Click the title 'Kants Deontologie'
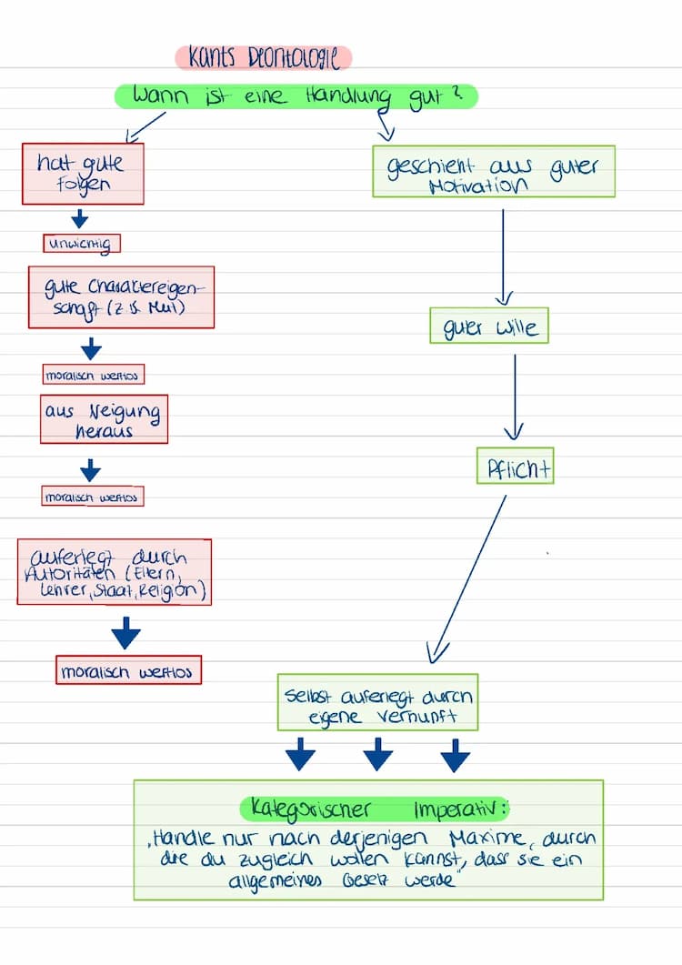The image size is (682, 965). (263, 58)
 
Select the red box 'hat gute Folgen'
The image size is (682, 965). (84, 173)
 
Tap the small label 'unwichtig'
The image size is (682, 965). (82, 244)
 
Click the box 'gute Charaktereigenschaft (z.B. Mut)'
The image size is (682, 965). (121, 297)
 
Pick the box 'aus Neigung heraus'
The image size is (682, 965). (104, 419)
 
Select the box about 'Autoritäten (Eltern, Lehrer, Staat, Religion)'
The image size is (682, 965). (114, 571)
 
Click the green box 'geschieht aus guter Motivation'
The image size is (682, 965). (493, 171)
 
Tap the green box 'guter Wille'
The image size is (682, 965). (489, 326)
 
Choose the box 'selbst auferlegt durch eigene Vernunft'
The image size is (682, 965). (377, 702)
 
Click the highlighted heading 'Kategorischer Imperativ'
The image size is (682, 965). (375, 809)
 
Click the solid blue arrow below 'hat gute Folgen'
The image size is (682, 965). (80, 218)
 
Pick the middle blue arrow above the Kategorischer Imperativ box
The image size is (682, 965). (377, 754)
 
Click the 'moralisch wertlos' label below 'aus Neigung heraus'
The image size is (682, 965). (93, 497)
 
